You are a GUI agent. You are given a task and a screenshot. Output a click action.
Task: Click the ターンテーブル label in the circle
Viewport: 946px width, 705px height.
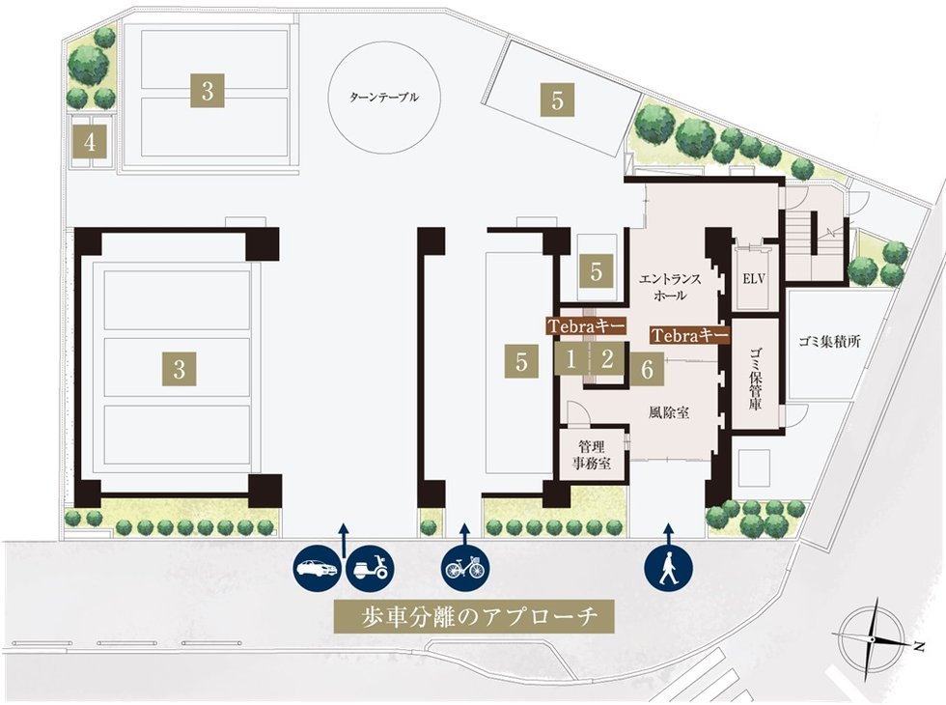pos(386,98)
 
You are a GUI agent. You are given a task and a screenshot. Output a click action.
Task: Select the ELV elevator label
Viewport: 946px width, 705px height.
pos(753,277)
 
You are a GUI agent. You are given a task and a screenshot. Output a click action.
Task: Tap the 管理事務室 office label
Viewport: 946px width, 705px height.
pos(591,455)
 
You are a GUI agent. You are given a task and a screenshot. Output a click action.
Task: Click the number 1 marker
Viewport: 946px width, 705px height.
pos(571,361)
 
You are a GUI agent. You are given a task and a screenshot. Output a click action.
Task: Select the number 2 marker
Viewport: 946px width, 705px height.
pos(607,361)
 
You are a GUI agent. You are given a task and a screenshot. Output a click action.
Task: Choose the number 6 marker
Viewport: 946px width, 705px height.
pos(648,367)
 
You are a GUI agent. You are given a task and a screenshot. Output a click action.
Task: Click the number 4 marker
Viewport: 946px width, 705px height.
pos(90,144)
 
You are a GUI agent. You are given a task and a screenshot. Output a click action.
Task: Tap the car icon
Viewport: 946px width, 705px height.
pos(317,568)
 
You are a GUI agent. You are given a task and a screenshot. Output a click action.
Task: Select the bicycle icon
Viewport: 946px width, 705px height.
pos(466,568)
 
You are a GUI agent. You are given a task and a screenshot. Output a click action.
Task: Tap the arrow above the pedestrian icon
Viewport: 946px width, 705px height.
pos(667,532)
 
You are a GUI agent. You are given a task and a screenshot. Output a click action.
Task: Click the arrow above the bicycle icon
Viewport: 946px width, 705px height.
pos(465,532)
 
